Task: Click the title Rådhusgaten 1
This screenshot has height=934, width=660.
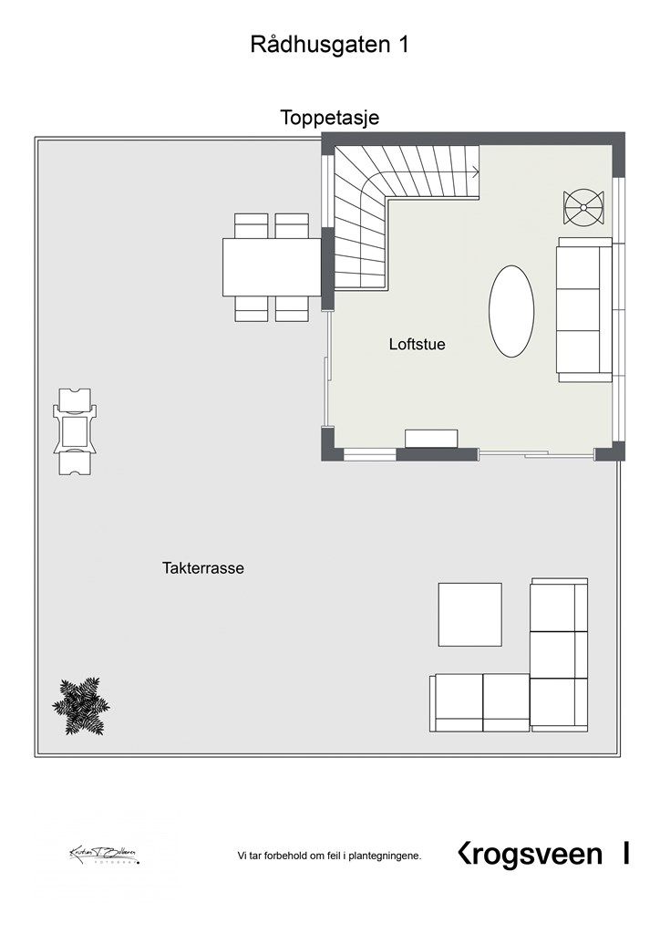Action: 329,46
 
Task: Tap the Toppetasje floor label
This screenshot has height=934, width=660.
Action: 329,118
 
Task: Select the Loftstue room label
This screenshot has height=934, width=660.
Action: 417,345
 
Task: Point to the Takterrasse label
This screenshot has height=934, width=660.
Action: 203,567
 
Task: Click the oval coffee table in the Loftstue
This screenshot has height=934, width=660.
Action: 510,312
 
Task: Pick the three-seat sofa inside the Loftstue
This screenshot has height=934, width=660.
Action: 583,310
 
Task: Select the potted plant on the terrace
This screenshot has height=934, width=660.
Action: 80,705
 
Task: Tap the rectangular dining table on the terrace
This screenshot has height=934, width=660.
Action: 271,266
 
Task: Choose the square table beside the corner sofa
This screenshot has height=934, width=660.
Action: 469,614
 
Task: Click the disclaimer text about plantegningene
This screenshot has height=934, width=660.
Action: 329,856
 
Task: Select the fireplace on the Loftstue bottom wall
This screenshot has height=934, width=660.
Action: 431,439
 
